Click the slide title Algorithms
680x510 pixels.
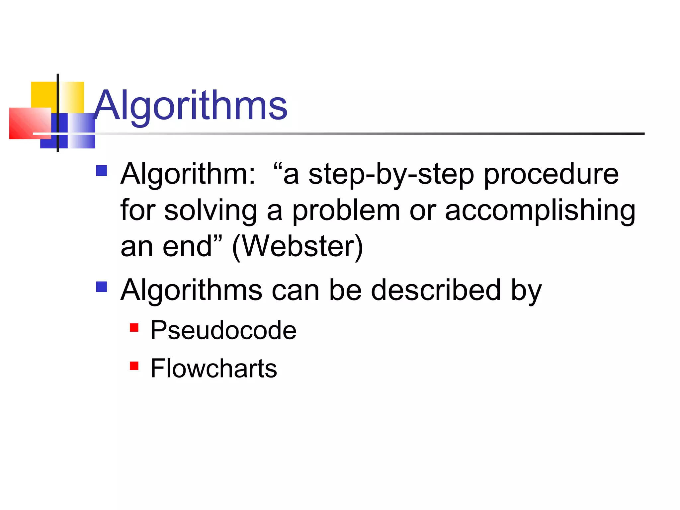(x=191, y=106)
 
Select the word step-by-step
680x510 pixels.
(x=391, y=175)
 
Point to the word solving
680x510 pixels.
(x=211, y=211)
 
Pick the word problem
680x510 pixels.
(x=346, y=211)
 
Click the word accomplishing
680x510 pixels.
(x=540, y=211)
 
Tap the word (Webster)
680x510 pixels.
(x=297, y=247)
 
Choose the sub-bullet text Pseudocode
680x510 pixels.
(x=223, y=331)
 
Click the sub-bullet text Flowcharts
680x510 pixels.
(x=213, y=369)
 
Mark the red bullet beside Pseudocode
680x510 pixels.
(x=134, y=328)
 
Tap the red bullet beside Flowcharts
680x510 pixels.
(x=134, y=366)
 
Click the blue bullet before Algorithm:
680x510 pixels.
(x=101, y=171)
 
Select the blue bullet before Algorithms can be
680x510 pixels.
(x=101, y=287)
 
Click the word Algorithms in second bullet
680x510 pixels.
(x=191, y=290)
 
